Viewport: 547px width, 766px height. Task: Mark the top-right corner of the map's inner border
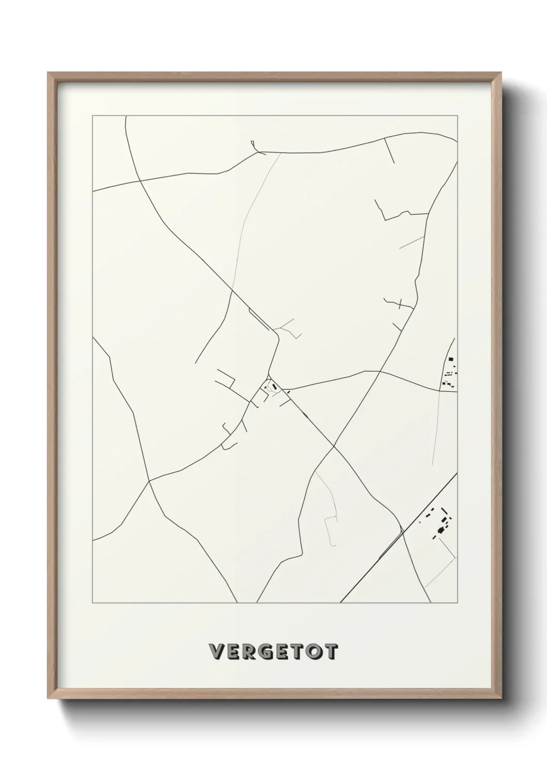tap(458, 116)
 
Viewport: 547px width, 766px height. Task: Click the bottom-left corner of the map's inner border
tap(93, 603)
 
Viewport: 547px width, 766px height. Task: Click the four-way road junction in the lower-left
tap(149, 481)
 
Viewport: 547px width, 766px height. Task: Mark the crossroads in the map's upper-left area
tap(140, 181)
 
